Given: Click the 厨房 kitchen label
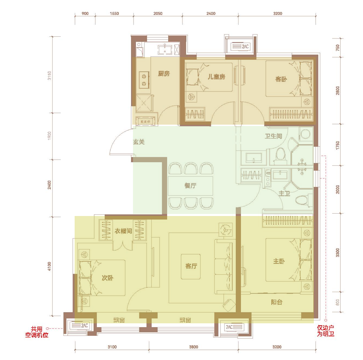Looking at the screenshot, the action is [164, 74].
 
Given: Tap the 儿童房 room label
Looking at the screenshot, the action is [216, 76].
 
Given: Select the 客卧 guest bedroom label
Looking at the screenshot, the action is [281, 79].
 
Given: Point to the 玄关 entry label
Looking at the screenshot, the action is [139, 142].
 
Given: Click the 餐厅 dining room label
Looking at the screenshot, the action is [190, 185].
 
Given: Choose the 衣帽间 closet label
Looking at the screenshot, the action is [123, 231].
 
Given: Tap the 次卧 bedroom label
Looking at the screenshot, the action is [108, 278].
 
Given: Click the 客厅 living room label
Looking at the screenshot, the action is [191, 266].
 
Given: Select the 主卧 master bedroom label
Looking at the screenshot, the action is [279, 261].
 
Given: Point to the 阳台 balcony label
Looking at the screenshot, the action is [276, 302].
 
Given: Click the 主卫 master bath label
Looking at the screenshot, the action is [284, 193].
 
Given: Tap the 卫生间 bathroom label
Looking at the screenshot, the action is [273, 136].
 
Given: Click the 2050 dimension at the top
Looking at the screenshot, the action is [158, 14].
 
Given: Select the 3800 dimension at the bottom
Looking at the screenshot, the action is [193, 347].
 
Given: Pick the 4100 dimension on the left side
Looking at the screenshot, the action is [49, 266].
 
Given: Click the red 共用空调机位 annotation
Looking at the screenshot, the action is [37, 332].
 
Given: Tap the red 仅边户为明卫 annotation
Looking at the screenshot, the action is [325, 331].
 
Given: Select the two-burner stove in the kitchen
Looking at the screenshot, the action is [144, 80].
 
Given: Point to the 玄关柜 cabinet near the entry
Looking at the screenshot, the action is [145, 121].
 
